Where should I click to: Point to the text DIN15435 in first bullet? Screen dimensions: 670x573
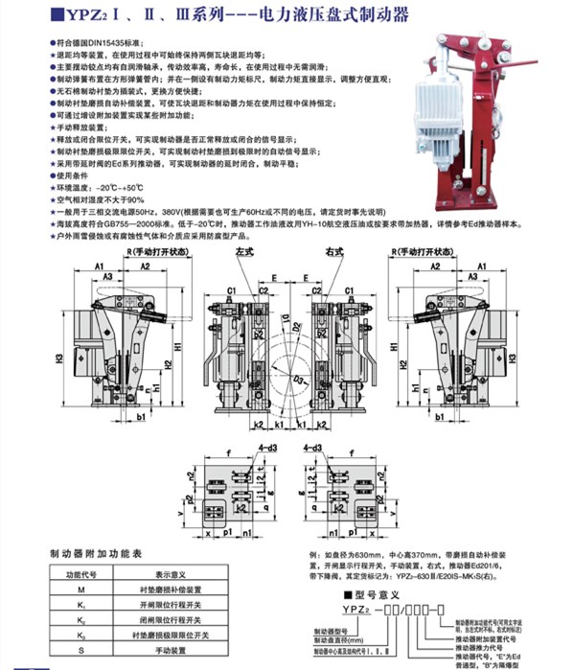[104, 44]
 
